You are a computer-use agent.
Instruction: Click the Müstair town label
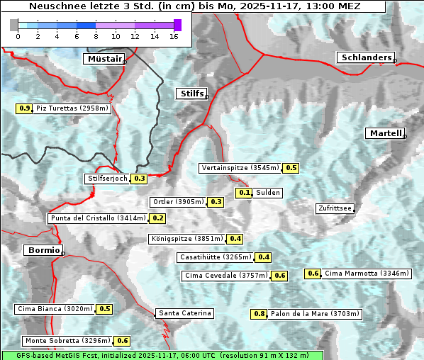[x=104, y=59]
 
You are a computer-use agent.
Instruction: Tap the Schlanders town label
[x=365, y=57]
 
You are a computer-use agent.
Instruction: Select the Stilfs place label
[x=191, y=94]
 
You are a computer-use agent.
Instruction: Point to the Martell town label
[x=385, y=133]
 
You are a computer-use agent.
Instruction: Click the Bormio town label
[x=43, y=250]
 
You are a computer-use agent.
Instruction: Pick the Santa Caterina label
[x=184, y=313]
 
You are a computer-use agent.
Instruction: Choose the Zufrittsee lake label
[x=335, y=208]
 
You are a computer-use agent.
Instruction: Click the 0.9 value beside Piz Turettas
[x=24, y=108]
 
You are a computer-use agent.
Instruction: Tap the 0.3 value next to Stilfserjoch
[x=139, y=179]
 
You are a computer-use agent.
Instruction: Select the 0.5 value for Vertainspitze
[x=291, y=168]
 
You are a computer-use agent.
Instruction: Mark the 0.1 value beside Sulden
[x=245, y=192]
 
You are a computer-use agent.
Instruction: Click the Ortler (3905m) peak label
[x=178, y=202]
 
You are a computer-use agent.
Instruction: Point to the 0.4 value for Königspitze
[x=235, y=239]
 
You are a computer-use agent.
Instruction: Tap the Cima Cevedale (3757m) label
[x=226, y=276]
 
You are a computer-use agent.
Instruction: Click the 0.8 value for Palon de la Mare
[x=260, y=314]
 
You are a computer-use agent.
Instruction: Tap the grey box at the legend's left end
[x=14, y=25]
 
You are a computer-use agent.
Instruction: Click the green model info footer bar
[x=162, y=355]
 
